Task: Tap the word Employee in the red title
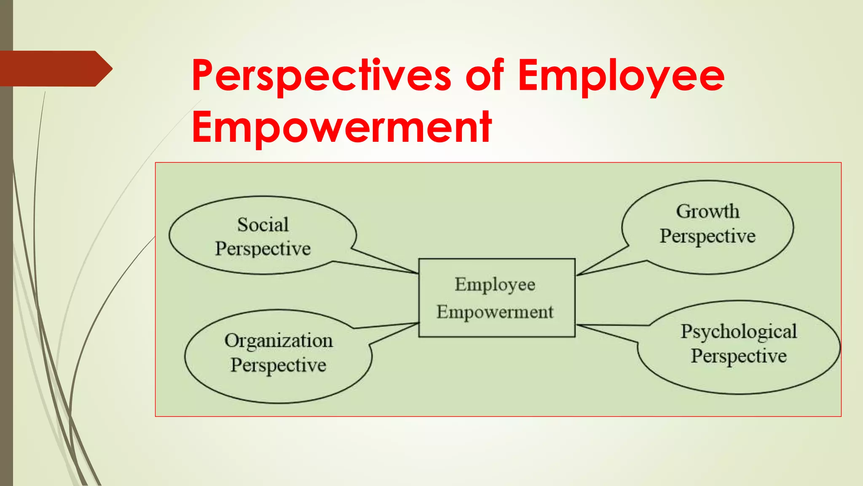coord(621,76)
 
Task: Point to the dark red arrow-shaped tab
coord(55,69)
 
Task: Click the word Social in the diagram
coord(263,224)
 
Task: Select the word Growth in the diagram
coord(708,211)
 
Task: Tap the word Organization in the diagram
coord(279,341)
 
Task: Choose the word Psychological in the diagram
coord(739,332)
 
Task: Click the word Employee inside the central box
coord(495,285)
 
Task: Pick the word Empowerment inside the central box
coord(495,312)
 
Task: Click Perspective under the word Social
coord(263,248)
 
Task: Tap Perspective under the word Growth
coord(708,236)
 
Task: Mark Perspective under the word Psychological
coord(739,356)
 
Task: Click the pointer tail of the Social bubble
coord(379,264)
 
